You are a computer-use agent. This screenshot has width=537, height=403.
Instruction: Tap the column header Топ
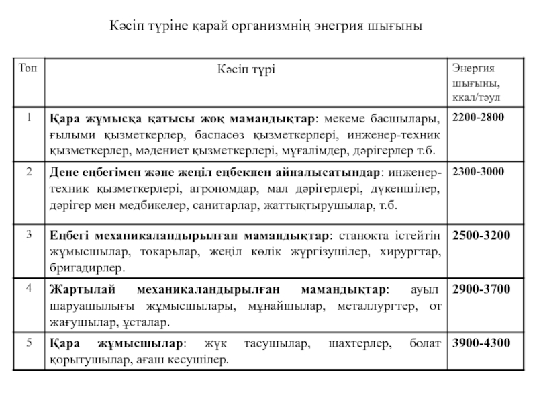coord(29,68)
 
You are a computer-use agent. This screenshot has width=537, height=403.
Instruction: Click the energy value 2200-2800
coord(479,118)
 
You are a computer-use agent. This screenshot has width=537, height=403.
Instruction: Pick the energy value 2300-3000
coord(479,172)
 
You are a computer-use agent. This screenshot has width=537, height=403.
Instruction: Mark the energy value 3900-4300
coord(481,343)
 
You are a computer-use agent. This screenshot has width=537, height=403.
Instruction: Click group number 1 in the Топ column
coord(29,118)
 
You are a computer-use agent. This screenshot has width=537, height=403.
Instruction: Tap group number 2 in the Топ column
coord(29,172)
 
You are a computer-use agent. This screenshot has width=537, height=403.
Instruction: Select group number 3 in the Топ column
coord(29,234)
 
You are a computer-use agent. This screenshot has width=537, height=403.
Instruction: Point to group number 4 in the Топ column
coord(29,289)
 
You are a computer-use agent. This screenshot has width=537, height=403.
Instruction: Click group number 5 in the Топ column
coord(29,343)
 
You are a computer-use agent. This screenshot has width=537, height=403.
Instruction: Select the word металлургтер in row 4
coord(377,306)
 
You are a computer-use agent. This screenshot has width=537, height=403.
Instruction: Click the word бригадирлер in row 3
coord(87,268)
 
